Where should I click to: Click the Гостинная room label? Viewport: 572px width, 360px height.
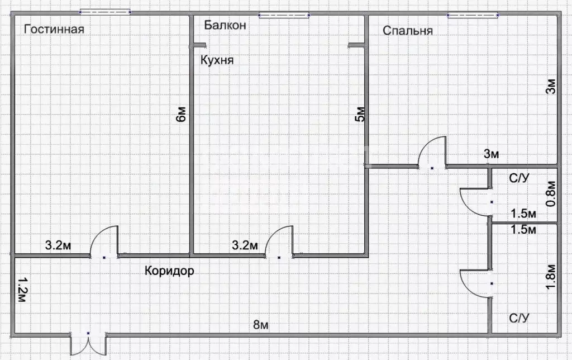click(54, 29)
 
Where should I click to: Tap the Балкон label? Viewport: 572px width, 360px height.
click(225, 25)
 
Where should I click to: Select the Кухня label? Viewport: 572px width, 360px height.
click(217, 60)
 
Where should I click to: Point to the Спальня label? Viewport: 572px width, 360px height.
click(408, 30)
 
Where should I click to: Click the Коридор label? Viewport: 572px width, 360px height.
click(169, 271)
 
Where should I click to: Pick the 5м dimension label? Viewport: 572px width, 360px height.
click(360, 114)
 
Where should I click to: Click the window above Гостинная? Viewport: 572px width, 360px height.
click(105, 11)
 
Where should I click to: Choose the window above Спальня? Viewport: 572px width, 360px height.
click(473, 15)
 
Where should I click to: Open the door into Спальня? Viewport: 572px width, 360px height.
click(433, 154)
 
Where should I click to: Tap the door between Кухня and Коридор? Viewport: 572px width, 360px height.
click(280, 243)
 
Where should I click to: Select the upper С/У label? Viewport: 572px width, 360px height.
click(518, 179)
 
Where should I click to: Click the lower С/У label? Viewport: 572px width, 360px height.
click(518, 318)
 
